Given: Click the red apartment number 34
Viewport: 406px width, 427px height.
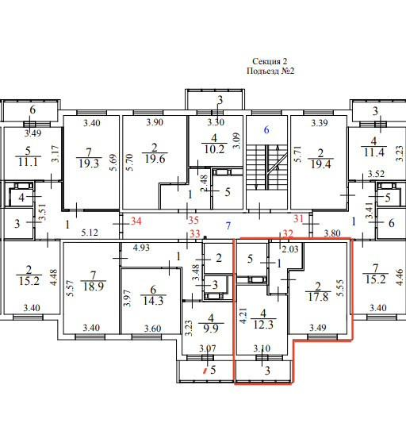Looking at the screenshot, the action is pos(136,221).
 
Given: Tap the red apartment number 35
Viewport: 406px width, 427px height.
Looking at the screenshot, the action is pos(193,220).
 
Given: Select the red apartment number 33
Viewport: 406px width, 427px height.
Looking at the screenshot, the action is pos(195,233).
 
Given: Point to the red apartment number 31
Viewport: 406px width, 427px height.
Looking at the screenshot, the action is pos(298,218).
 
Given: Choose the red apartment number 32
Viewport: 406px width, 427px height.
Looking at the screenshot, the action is pos(288,233).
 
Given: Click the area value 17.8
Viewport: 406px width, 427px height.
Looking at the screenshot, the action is pos(318,297).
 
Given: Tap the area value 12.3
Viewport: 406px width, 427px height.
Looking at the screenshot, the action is pos(263,325).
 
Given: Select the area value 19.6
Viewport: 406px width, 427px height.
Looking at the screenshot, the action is pos(155,159).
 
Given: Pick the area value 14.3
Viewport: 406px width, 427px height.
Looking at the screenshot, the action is pos(153,301).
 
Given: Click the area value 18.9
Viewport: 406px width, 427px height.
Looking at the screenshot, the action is pos(94,287).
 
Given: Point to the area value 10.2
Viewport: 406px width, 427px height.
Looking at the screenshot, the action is pos(214,149).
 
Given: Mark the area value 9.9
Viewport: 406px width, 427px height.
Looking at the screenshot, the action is pos(211,329).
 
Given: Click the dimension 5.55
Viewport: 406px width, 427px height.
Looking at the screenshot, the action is pos(340,288).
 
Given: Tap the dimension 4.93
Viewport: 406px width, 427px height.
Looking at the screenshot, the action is pos(141,248).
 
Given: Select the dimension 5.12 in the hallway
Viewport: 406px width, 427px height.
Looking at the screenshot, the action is pos(90,233).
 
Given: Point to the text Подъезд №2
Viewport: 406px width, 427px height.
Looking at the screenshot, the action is pos(270,71).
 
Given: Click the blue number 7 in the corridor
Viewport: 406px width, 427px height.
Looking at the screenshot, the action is pos(228,225).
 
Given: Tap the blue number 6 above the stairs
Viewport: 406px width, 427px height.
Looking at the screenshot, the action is pos(266,129).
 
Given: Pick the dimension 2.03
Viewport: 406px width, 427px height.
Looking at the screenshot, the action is pos(290,249).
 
